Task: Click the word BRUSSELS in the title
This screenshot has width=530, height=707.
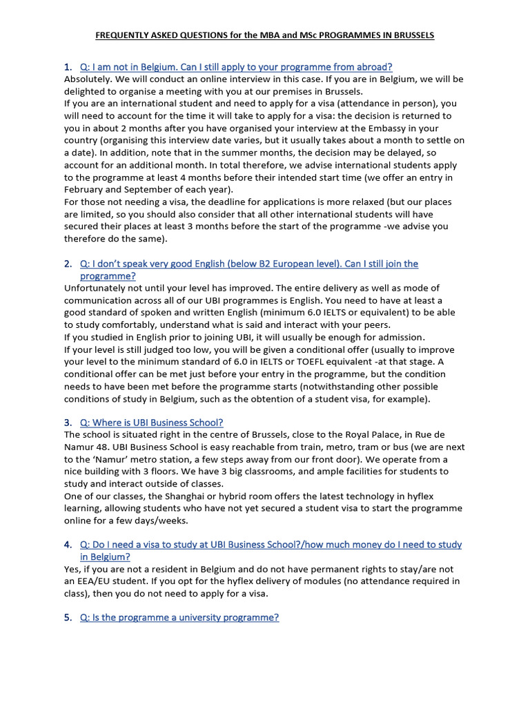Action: [411, 35]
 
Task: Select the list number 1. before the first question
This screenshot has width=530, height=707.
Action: [68, 67]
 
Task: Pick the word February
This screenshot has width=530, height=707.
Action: [85, 190]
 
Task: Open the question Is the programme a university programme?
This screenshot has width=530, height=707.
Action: [179, 617]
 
